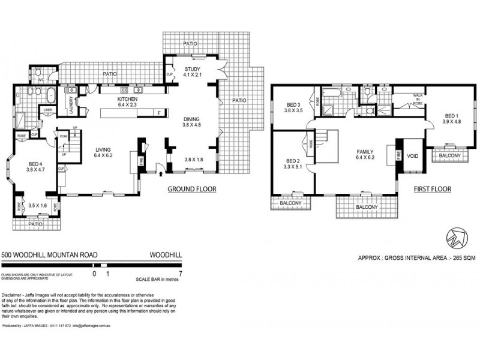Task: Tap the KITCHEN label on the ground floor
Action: tap(128, 98)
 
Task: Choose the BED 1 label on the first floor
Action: tap(451, 115)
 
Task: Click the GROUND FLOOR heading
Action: tap(192, 189)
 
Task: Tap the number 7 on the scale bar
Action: tap(180, 273)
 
